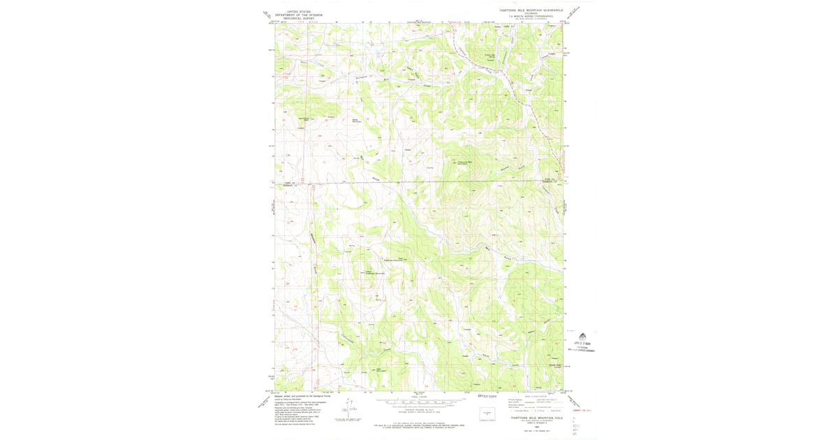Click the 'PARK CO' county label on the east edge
[550, 180]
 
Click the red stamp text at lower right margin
[579, 410]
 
